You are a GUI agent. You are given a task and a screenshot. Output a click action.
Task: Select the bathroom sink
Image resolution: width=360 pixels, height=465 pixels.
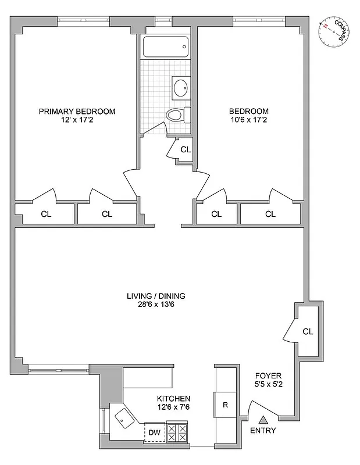point(180,88)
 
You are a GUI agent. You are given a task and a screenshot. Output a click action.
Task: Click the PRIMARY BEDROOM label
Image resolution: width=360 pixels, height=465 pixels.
point(77,112)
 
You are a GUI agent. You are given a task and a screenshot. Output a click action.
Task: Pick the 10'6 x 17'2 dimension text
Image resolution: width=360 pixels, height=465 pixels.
point(248,121)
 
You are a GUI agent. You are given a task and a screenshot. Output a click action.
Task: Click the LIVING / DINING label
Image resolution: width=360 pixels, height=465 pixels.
point(156,296)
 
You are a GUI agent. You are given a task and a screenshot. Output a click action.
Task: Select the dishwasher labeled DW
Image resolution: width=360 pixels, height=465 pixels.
point(154,432)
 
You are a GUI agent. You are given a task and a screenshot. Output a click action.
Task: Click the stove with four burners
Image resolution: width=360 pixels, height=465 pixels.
point(177,432)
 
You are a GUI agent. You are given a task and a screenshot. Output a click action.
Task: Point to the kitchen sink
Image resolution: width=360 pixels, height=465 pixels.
point(124,416)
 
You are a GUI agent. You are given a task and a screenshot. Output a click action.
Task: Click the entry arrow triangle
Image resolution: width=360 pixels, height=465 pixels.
point(263,419)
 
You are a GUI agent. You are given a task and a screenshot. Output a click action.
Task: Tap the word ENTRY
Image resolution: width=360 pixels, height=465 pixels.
point(263,431)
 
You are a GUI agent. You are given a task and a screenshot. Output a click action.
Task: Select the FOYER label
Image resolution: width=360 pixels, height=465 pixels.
point(266,375)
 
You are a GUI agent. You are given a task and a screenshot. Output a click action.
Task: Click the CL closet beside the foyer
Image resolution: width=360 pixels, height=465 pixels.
point(308,331)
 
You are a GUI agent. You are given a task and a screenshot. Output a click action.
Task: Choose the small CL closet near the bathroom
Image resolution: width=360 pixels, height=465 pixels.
point(185,150)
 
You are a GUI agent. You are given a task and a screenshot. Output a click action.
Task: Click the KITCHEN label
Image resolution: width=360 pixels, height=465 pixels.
point(173,398)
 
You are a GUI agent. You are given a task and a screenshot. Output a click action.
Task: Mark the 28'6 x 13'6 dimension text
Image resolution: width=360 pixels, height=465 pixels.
point(156,305)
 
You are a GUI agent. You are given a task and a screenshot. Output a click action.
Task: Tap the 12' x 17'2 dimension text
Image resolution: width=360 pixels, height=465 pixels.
point(77,121)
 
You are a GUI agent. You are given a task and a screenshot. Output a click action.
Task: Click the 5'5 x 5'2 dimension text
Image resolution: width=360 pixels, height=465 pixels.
point(266,385)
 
